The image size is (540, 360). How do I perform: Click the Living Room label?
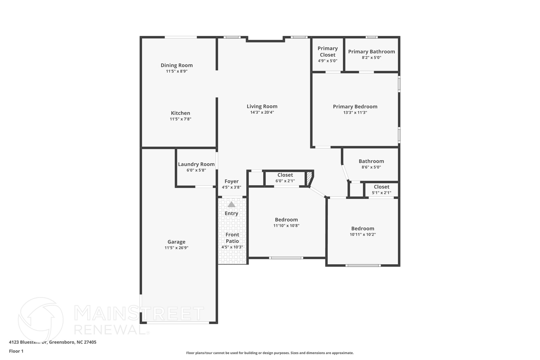262,106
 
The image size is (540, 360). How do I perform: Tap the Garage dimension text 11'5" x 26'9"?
176,248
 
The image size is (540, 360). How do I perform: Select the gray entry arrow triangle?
231,204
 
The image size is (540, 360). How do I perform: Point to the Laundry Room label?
196,164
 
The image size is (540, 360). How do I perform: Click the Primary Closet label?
327,51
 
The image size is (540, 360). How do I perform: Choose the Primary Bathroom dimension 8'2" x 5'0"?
371,57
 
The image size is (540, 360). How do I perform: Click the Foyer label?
232,181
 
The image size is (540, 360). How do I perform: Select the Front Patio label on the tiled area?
232,238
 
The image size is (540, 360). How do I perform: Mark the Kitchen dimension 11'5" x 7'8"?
180,119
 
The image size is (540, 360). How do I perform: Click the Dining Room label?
177,65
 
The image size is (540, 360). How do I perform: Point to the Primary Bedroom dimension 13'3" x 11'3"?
355,112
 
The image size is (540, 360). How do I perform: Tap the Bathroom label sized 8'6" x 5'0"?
371,161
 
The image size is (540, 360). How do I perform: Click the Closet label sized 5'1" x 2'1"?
381,187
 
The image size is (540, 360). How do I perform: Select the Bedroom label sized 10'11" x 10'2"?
363,228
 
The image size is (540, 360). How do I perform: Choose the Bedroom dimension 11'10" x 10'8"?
286,225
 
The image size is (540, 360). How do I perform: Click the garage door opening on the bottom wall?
178,323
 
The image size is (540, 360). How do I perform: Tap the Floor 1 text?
16,351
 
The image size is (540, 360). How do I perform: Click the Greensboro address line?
52,342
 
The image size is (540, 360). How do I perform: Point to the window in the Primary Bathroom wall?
372,37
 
